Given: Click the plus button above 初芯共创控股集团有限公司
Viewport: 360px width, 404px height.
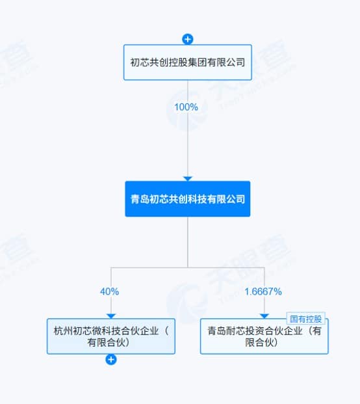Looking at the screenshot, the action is [x=188, y=39].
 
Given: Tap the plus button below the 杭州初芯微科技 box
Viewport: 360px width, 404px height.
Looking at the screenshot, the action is [x=111, y=359].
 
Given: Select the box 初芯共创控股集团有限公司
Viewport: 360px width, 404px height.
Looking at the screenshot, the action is [x=188, y=62].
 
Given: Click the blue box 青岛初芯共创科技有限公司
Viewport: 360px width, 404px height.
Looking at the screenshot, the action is [x=188, y=199].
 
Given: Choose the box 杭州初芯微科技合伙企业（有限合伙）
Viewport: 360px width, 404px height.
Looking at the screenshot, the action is [x=111, y=336].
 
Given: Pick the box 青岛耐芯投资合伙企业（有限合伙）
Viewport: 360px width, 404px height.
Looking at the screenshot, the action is [x=264, y=336].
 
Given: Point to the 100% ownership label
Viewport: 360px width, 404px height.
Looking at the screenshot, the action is [x=186, y=107].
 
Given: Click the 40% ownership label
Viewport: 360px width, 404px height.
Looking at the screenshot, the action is [x=109, y=291].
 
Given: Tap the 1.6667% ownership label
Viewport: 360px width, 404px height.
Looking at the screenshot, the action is [x=263, y=291].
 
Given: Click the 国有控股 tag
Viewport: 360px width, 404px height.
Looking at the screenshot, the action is [x=305, y=319].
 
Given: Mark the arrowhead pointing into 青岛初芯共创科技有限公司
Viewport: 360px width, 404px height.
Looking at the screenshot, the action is [x=188, y=178].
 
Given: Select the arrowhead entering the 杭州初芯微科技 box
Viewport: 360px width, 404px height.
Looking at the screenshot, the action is [x=111, y=316].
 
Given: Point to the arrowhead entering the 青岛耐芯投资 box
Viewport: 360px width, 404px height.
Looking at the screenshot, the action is [x=264, y=316].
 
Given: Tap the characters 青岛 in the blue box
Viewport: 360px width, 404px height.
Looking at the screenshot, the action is [x=140, y=199].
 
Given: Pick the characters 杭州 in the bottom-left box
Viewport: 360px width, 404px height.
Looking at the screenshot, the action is [x=63, y=331].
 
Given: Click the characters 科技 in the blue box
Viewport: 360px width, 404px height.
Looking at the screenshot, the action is [x=198, y=199].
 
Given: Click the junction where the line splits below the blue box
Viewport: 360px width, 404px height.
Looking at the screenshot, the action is [x=188, y=267].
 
